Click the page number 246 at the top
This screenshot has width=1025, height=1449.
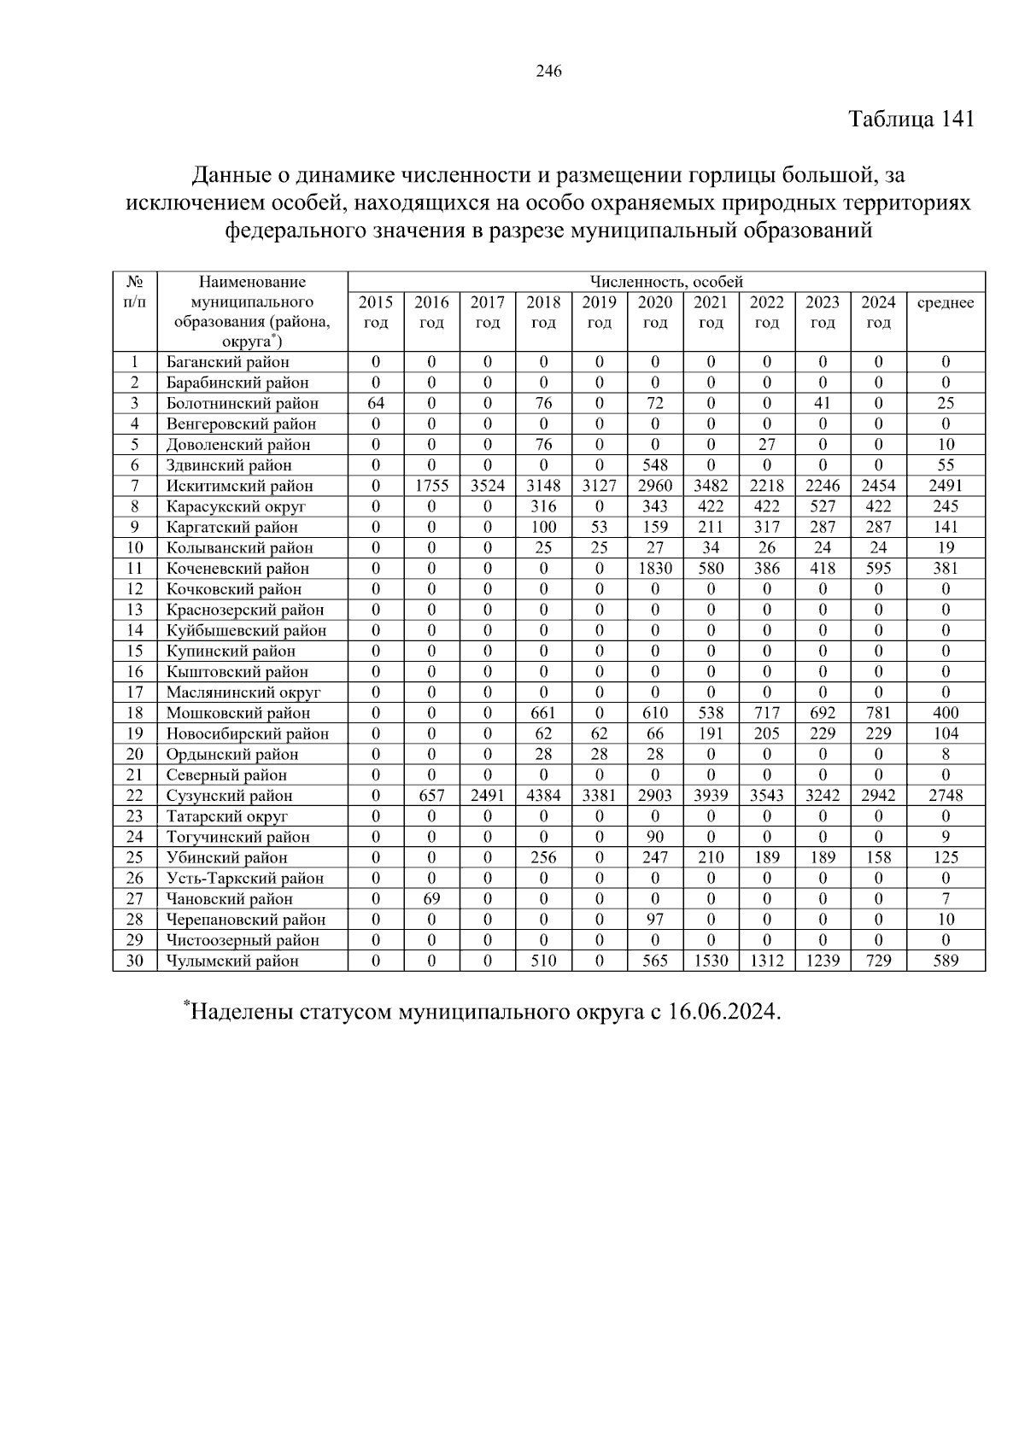click(x=548, y=72)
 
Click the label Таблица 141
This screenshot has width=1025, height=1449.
click(x=911, y=119)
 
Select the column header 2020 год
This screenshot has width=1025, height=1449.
click(x=655, y=312)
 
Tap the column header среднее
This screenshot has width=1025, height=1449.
click(x=945, y=302)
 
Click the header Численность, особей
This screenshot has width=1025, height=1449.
click(x=666, y=282)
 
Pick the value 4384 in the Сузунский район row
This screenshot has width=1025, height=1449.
click(x=543, y=796)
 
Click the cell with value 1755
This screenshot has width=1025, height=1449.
click(x=431, y=486)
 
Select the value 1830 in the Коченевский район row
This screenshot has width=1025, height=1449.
click(x=655, y=569)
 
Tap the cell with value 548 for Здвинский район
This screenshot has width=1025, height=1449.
click(x=655, y=465)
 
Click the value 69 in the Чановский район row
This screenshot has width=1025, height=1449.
click(x=431, y=899)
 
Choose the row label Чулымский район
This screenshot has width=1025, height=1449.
click(x=233, y=961)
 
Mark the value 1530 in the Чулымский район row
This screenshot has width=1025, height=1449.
click(x=711, y=961)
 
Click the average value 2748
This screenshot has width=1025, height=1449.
click(x=945, y=796)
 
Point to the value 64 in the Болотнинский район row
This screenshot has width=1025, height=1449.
click(x=376, y=403)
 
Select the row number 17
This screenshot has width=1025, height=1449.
click(x=135, y=692)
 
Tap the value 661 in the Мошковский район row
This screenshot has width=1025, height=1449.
click(x=543, y=713)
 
